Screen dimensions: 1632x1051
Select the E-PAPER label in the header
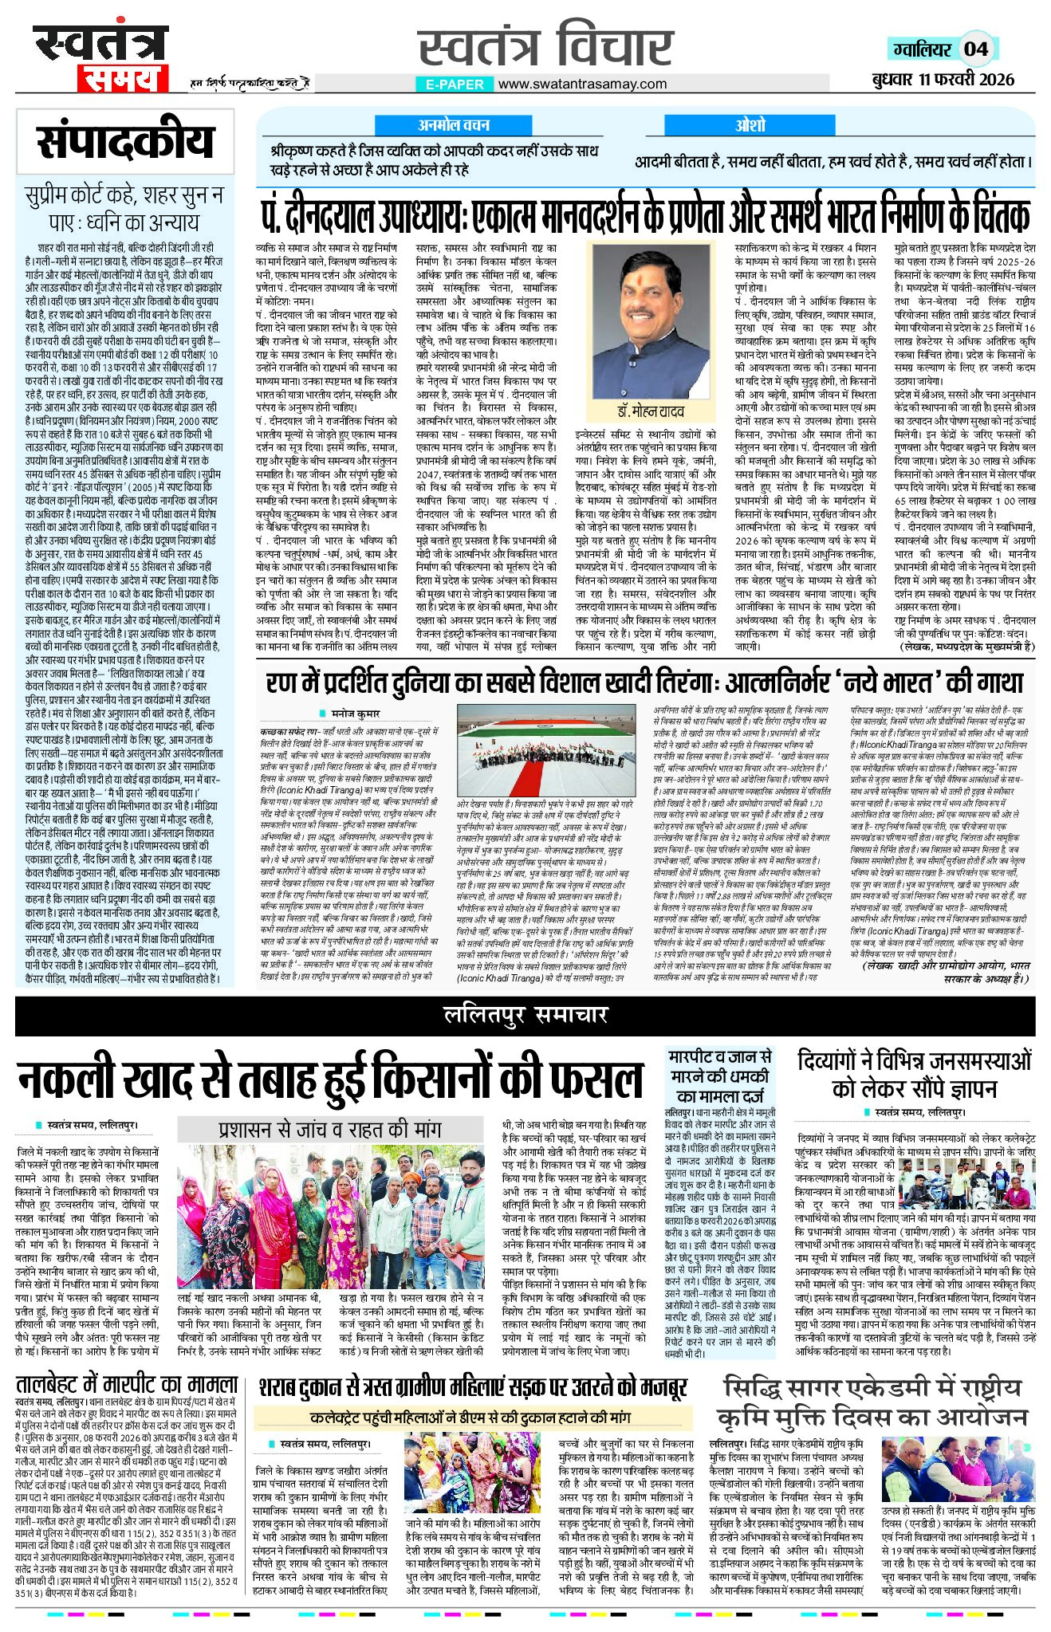pyautogui.click(x=454, y=84)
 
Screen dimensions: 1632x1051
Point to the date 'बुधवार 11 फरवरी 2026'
pyautogui.click(x=943, y=78)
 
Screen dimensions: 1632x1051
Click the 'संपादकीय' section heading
pyautogui.click(x=125, y=142)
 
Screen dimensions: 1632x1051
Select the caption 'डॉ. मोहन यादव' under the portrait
pyautogui.click(x=650, y=411)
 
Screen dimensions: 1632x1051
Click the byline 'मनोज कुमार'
pyautogui.click(x=356, y=714)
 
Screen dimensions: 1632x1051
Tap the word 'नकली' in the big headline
pyautogui.click(x=70, y=1080)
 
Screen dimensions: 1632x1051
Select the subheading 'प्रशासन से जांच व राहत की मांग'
pyautogui.click(x=329, y=1130)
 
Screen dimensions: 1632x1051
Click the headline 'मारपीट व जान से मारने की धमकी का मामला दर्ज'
pyautogui.click(x=719, y=1076)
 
